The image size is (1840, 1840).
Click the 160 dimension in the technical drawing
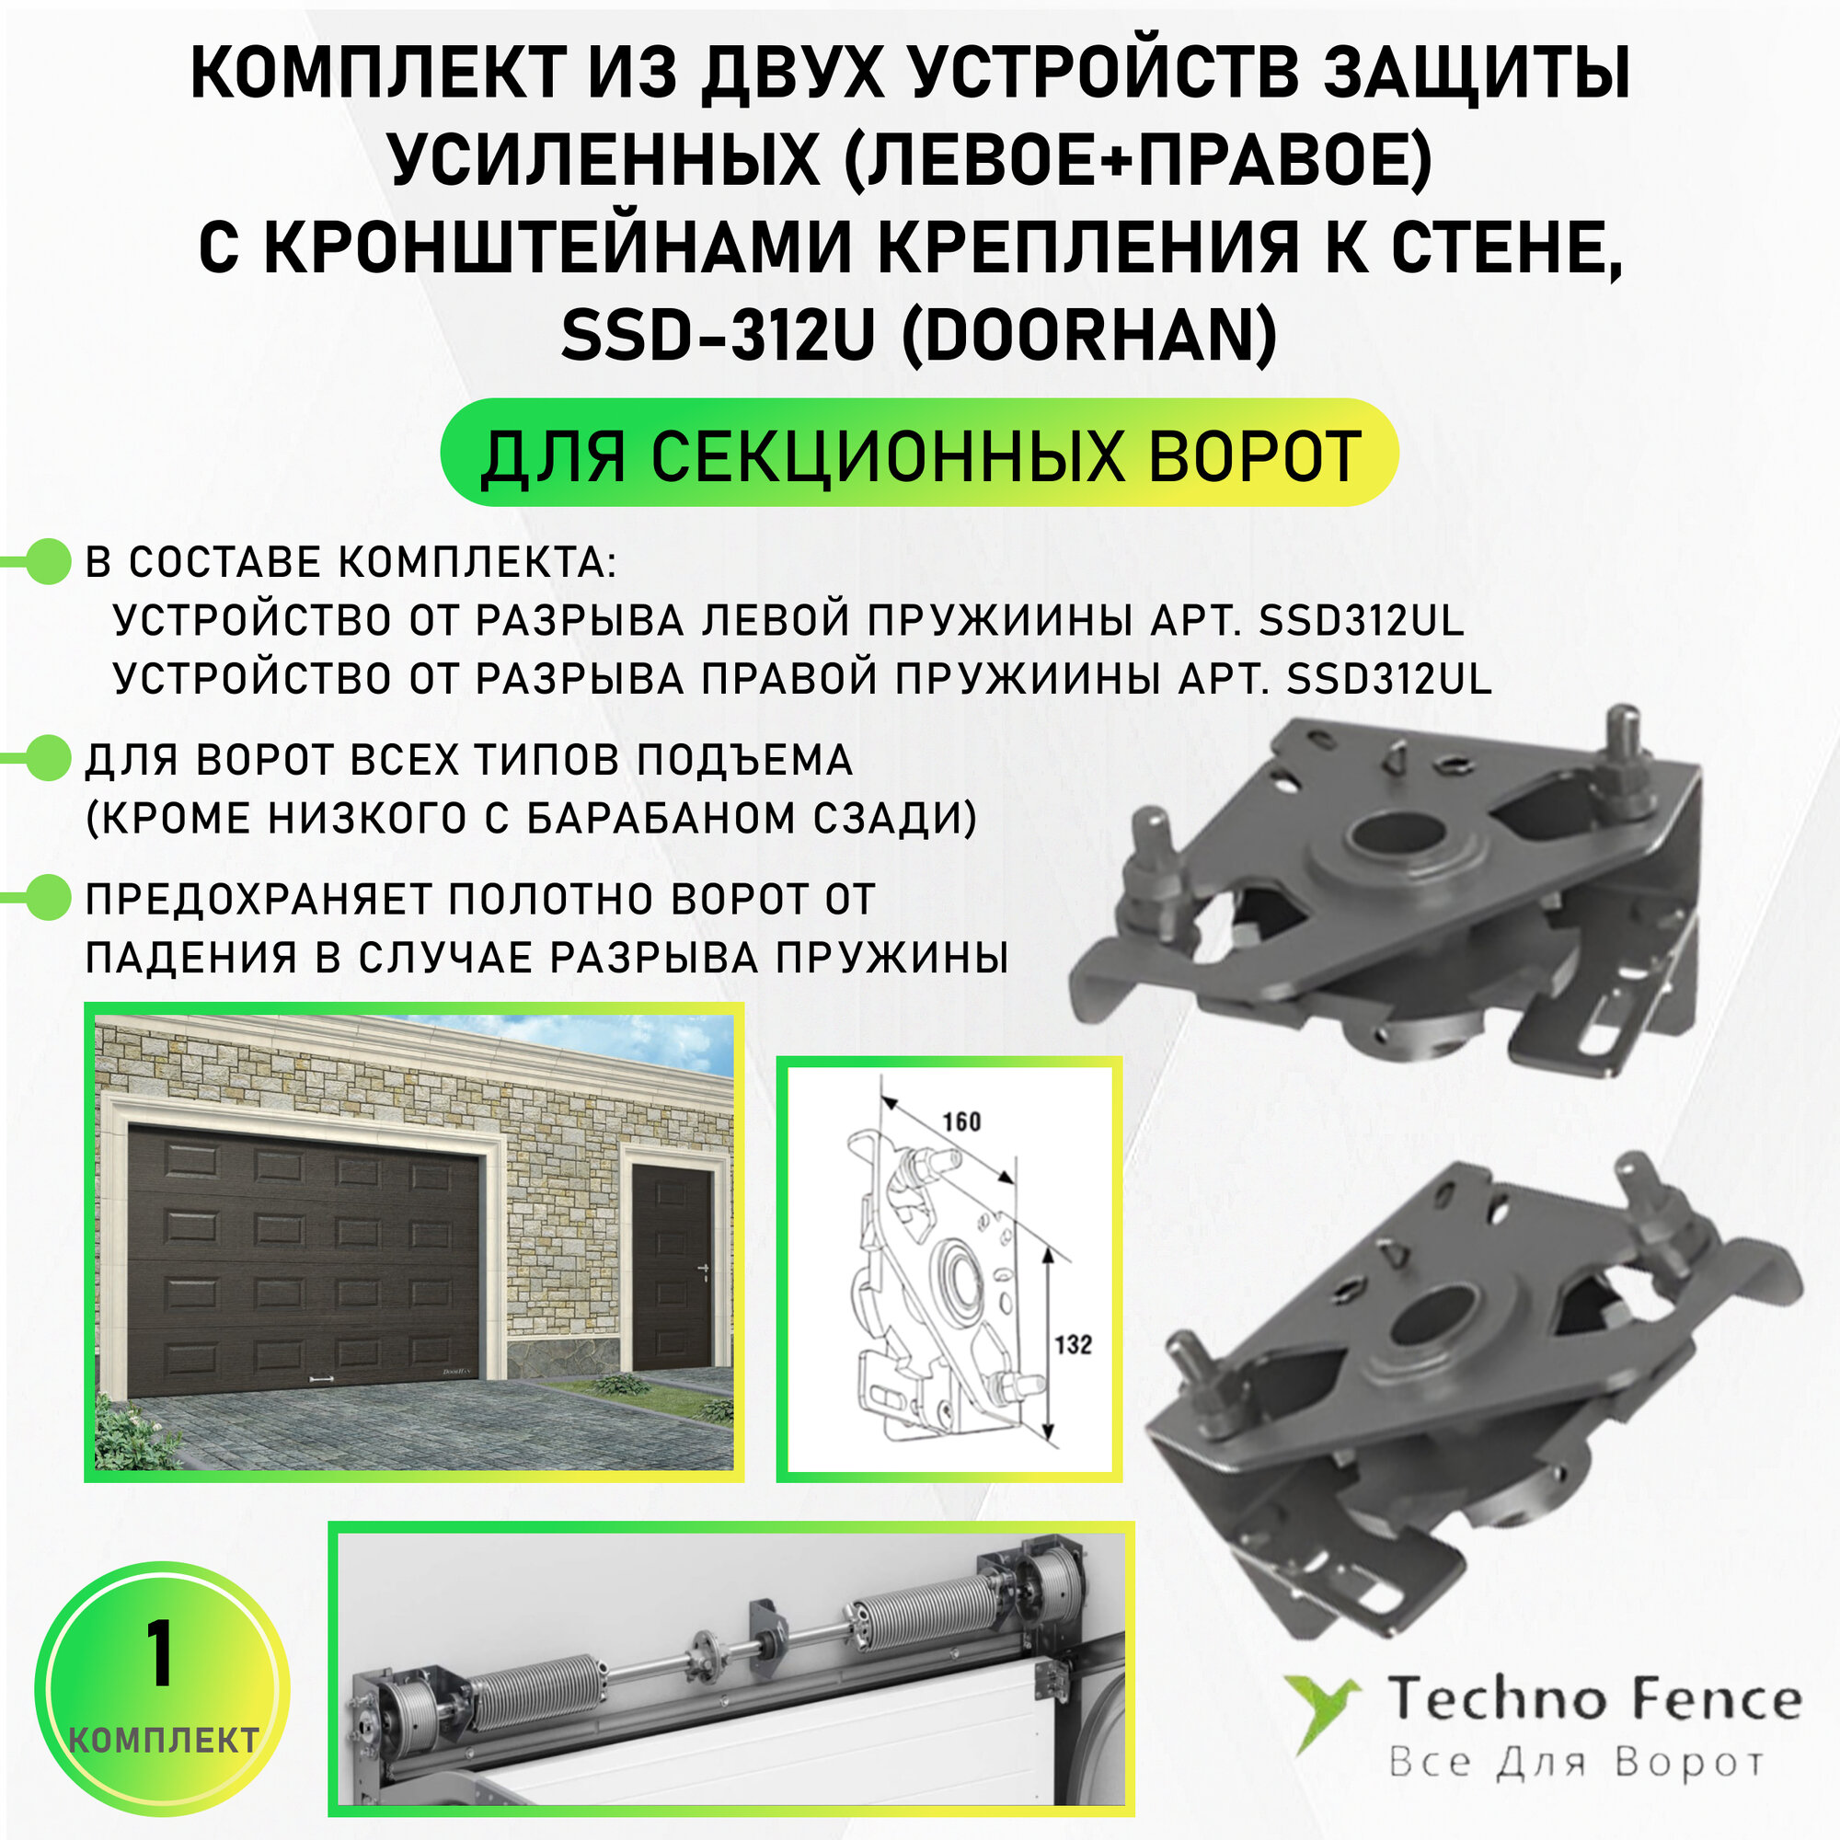point(961,1121)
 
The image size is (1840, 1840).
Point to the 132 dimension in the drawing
point(1073,1344)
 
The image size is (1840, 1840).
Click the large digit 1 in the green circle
point(160,1653)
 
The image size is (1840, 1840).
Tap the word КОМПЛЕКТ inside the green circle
point(164,1741)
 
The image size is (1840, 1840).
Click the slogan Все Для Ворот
point(1576,1762)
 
